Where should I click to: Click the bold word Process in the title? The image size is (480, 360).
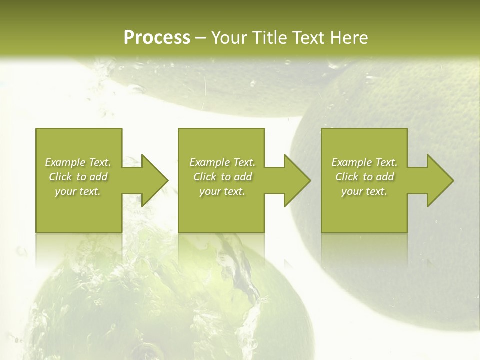156,38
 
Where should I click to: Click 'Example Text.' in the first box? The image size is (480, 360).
78,162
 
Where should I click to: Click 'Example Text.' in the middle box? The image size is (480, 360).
222,162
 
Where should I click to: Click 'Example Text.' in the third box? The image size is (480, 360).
364,162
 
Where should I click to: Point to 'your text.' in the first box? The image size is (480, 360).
78,191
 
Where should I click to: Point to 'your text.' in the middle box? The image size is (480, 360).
222,191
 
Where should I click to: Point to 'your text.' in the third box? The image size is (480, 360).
364,191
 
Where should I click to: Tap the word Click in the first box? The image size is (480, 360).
59,177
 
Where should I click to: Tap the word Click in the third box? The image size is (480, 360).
347,177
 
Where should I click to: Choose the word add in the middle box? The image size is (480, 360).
243,177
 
